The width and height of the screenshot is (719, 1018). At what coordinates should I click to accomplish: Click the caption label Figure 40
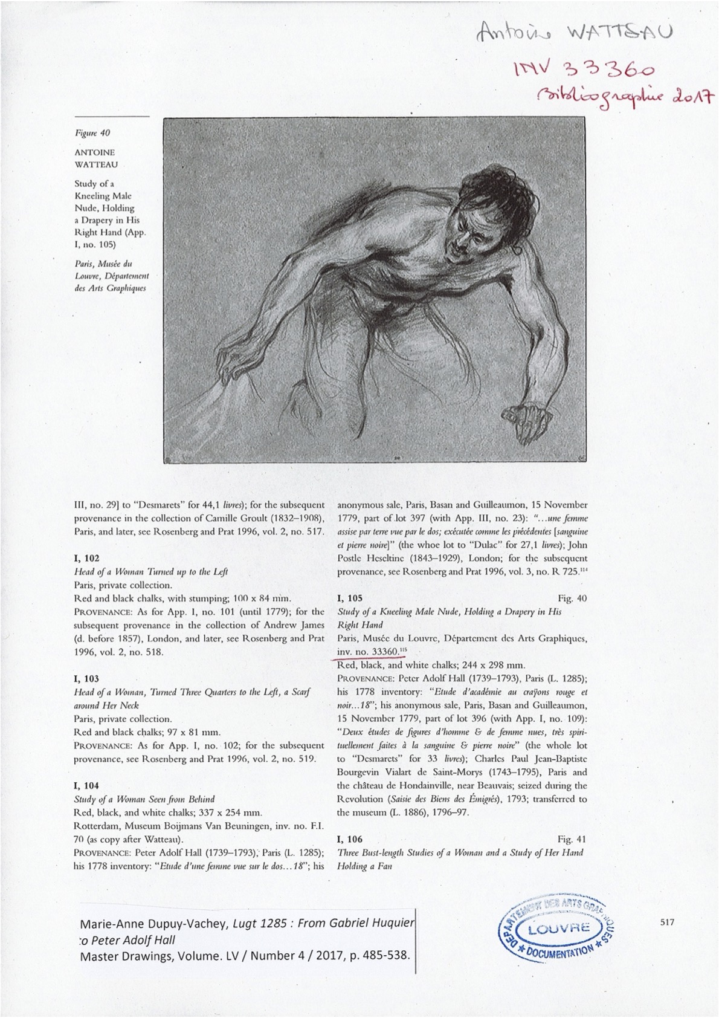[92, 133]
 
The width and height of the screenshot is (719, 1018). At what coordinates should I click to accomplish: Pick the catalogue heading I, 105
[350, 598]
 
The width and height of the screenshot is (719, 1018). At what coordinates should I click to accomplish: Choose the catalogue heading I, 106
[350, 839]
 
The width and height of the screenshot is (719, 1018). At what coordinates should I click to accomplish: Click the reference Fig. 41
[572, 839]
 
